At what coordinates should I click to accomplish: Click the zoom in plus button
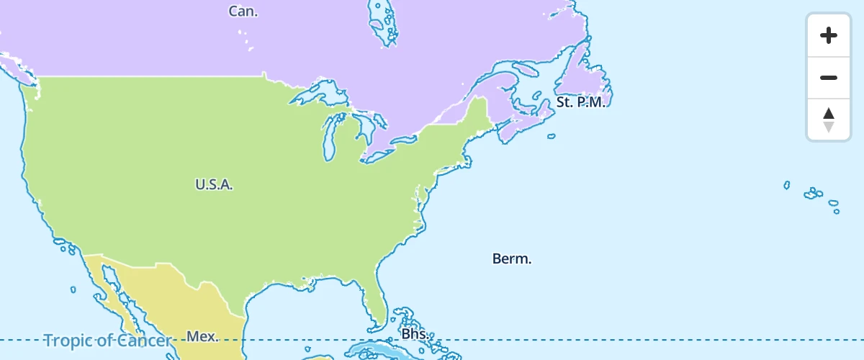click(x=829, y=35)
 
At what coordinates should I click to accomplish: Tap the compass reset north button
click(x=829, y=120)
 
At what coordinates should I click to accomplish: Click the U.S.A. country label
click(x=214, y=184)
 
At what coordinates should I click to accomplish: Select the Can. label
click(x=243, y=11)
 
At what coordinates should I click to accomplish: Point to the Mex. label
click(x=202, y=336)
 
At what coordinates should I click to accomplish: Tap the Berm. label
click(x=512, y=258)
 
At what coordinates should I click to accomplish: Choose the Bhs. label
click(x=415, y=335)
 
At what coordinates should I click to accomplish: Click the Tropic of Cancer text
click(x=107, y=341)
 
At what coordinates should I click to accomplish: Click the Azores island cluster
click(x=814, y=193)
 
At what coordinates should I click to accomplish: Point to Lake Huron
click(x=364, y=126)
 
